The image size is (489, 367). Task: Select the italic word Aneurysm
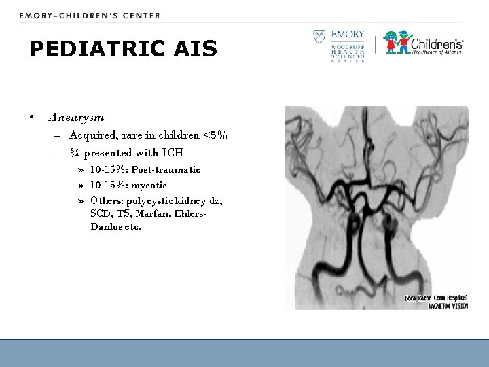click(x=76, y=117)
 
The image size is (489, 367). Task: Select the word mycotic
click(x=149, y=185)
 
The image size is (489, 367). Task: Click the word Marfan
click(x=156, y=214)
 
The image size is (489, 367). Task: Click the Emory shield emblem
click(x=318, y=37)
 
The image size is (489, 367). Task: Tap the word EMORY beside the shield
click(x=348, y=34)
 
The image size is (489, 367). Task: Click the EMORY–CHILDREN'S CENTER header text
click(x=90, y=15)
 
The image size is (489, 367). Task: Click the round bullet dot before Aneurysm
click(x=32, y=117)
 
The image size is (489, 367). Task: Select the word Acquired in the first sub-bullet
click(x=92, y=135)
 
